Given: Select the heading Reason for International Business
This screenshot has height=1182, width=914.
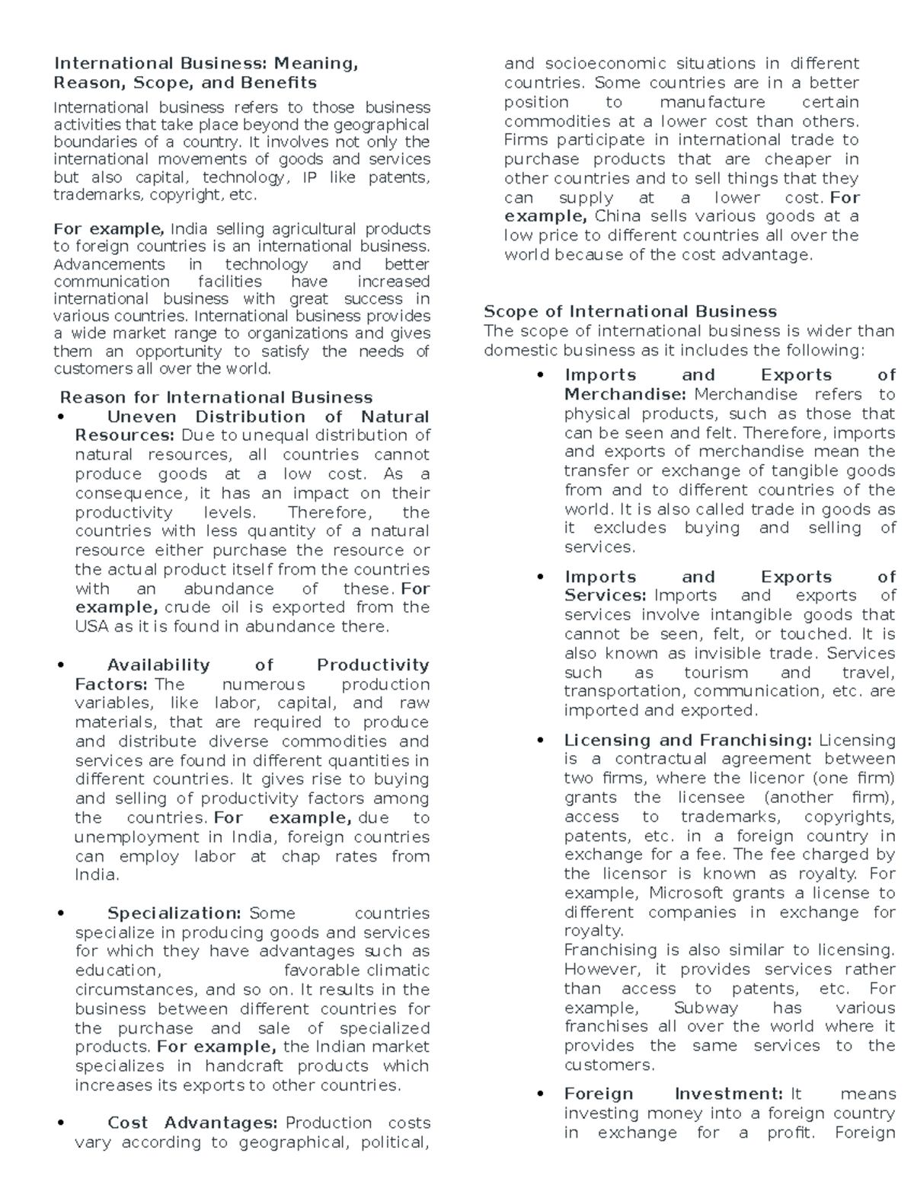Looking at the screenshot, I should [216, 397].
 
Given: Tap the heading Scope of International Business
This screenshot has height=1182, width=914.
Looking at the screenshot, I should [630, 311].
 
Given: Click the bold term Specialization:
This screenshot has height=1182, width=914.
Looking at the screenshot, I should [174, 913].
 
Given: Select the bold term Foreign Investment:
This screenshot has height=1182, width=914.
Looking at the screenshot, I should [673, 1094].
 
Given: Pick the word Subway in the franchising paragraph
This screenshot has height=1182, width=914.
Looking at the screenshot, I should [706, 1008].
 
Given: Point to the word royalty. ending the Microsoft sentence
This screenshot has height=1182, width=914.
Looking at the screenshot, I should [593, 931].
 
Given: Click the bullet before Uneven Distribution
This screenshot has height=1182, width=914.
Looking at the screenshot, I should [60, 417].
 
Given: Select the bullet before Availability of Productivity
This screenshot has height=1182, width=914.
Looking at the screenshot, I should [60, 665].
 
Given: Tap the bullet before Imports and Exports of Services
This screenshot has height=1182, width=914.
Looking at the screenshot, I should [540, 577].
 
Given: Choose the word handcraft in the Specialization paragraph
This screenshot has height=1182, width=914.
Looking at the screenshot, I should [244, 1066].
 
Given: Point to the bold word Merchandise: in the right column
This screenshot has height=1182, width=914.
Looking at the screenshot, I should [625, 394].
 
